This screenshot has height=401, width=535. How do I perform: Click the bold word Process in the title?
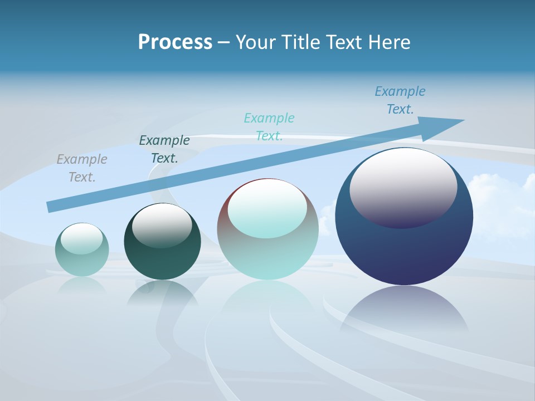tap(175, 42)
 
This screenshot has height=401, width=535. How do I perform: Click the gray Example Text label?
tap(81, 168)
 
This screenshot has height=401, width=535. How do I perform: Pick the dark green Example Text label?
tap(164, 149)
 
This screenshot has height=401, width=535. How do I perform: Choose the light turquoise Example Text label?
tap(269, 127)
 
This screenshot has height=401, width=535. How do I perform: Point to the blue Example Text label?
tap(400, 100)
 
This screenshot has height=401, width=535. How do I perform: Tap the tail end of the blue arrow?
tap(52, 207)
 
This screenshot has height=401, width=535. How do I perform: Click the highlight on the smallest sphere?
tap(81, 238)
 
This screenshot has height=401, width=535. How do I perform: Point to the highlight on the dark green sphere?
tap(162, 224)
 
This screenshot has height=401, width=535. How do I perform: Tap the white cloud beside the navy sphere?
tap(499, 200)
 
